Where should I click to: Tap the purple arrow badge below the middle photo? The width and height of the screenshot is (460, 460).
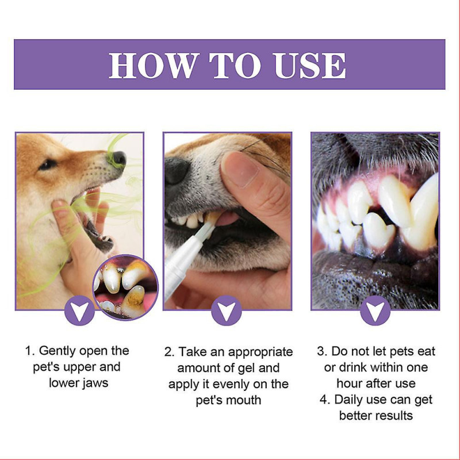(227, 311)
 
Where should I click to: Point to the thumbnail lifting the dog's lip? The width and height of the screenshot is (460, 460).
(239, 169)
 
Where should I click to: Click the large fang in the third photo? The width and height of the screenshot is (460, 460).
(423, 213)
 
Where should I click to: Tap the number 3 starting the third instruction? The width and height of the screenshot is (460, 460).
(321, 351)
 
